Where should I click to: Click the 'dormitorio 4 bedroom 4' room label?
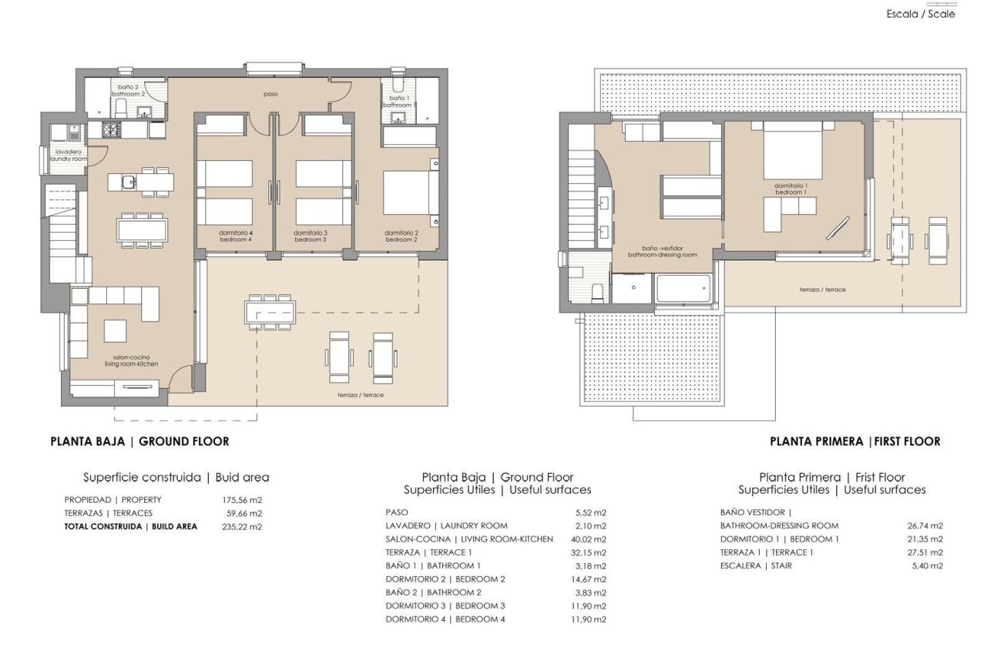235,236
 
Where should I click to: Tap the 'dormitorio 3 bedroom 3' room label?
311,236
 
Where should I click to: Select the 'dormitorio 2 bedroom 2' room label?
401,236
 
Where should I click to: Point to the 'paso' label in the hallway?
269,94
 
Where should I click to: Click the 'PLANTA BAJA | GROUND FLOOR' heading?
139,441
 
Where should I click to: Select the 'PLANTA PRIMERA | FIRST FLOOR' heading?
855,441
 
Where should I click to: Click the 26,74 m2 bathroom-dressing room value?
925,526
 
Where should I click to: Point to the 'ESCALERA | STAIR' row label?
756,565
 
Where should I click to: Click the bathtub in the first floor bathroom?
681,290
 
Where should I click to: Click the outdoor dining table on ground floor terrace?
267,312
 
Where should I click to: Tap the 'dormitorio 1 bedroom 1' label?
795,188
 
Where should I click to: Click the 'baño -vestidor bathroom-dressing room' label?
662,251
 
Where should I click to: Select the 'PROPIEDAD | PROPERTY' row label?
113,500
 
